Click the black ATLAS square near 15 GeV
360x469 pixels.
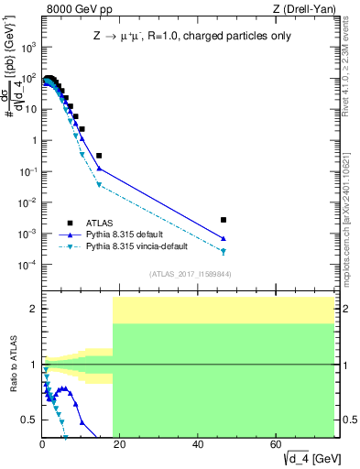tap(99, 156)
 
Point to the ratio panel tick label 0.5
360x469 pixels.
tap(29, 420)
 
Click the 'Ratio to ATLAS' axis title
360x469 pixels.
tap(13, 364)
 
